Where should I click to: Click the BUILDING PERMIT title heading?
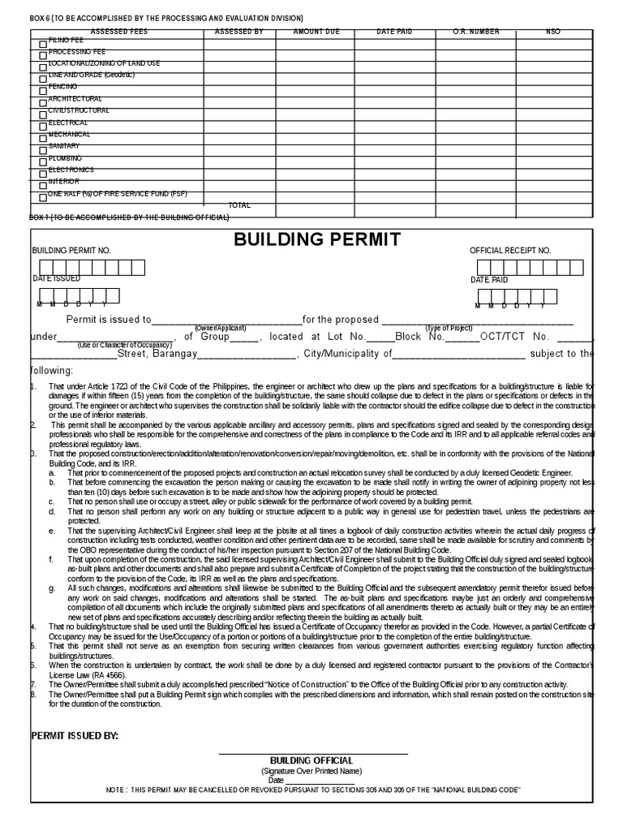tap(317, 239)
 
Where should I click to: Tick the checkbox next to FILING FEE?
tap(44, 44)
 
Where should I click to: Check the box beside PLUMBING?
tap(44, 162)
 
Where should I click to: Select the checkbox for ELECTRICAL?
tap(44, 127)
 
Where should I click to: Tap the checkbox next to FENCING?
tap(44, 91)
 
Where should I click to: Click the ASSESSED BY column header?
tap(238, 32)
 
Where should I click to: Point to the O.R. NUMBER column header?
tap(475, 32)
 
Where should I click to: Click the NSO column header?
tap(553, 32)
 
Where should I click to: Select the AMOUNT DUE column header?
tap(316, 32)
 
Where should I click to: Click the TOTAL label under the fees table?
tap(239, 205)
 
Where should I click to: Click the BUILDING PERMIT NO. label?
tap(71, 252)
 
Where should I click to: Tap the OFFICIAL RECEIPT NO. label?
tap(510, 252)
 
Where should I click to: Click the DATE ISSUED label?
tap(56, 278)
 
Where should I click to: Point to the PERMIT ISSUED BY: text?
tap(75, 735)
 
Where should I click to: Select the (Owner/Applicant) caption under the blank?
tap(220, 327)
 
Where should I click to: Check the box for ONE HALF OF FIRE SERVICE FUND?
tap(44, 197)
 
